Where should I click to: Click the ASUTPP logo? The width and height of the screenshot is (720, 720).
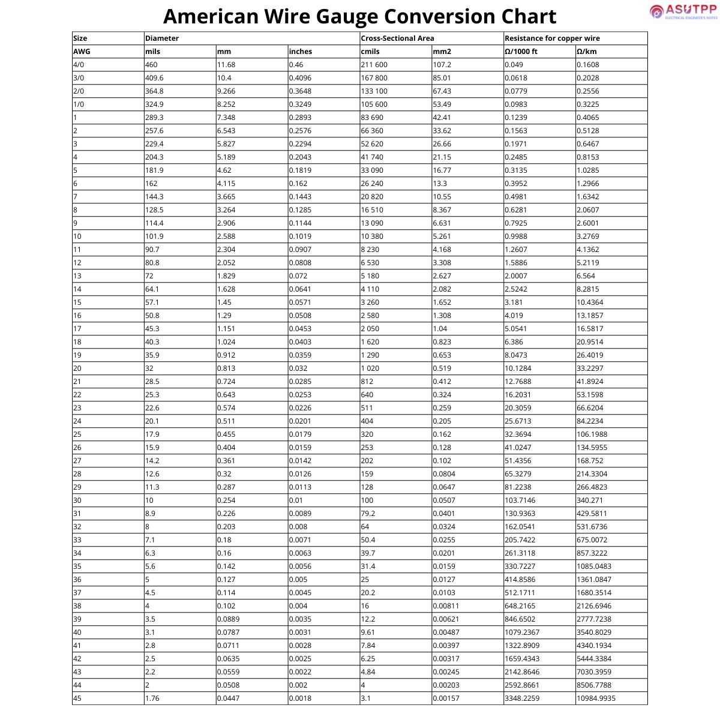683,12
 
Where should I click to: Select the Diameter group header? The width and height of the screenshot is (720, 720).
162,38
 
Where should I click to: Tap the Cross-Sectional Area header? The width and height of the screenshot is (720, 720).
397,38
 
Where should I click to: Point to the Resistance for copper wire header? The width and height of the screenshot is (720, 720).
552,38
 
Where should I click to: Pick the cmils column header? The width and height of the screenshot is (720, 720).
370,52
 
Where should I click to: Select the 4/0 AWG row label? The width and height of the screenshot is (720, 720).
79,65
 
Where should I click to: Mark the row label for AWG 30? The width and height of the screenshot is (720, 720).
77,500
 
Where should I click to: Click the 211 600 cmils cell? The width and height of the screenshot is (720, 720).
374,65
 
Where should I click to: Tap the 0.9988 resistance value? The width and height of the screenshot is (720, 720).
518,236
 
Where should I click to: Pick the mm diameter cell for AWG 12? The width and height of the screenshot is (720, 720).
227,263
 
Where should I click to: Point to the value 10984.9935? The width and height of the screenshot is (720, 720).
596,698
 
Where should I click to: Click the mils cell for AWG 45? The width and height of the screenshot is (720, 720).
153,698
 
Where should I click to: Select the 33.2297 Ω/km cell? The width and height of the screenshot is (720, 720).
590,368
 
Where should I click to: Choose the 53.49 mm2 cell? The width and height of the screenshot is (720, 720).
442,104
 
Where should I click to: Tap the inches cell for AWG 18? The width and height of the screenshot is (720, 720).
300,342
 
